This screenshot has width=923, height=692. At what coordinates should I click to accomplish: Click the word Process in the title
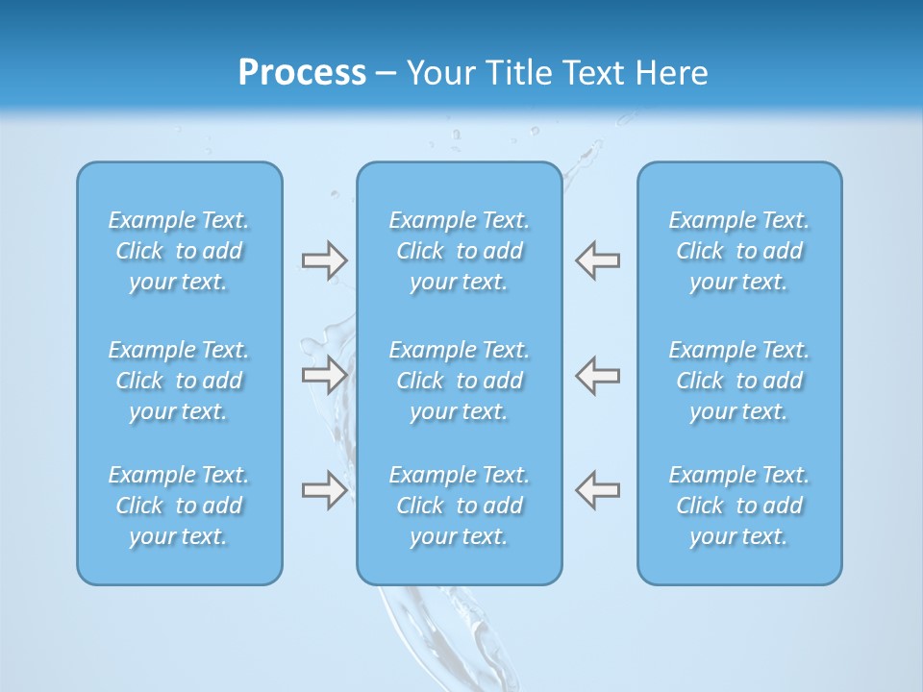(302, 73)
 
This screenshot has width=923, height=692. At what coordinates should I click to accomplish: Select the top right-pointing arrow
(324, 260)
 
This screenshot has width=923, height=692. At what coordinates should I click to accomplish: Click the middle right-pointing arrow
(324, 375)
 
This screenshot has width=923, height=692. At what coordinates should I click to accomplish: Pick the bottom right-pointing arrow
(324, 490)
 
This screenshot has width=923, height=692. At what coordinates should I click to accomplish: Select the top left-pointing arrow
(598, 260)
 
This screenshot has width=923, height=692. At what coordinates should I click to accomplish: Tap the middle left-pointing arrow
(598, 375)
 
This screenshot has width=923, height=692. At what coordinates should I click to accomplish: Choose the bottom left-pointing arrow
(598, 490)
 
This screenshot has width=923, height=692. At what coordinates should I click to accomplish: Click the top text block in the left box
(179, 251)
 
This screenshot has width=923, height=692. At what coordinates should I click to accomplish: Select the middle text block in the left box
(179, 381)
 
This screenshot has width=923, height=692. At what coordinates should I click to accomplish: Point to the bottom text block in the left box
(179, 506)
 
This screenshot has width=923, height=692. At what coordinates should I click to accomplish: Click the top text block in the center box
(460, 251)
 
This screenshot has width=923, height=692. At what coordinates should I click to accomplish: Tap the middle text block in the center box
(460, 381)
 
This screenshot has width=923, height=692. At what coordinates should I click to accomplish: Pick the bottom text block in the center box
(460, 506)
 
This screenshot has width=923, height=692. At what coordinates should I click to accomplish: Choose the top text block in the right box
(739, 251)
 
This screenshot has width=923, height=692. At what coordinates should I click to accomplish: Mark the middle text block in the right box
(739, 381)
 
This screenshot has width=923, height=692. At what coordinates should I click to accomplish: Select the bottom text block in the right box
(739, 506)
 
